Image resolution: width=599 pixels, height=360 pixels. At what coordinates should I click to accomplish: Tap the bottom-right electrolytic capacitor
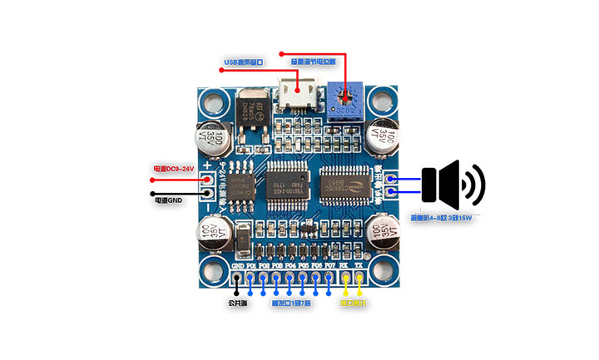[x=384, y=233]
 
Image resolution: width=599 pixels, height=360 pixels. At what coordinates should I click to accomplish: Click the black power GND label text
[x=168, y=200]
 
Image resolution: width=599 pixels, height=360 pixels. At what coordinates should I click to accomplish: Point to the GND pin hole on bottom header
[x=237, y=276]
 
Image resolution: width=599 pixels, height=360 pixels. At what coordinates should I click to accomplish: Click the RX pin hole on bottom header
[x=345, y=276]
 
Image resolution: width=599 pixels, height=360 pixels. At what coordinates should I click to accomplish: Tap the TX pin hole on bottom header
[x=359, y=276]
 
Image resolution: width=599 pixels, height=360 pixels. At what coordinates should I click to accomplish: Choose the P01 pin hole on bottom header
[x=250, y=276]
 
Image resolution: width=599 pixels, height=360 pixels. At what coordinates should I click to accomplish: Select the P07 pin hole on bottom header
[x=330, y=276]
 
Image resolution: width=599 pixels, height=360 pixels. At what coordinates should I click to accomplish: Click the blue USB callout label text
[x=243, y=62]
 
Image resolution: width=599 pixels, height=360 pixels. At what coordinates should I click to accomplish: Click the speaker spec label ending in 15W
[x=441, y=219]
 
